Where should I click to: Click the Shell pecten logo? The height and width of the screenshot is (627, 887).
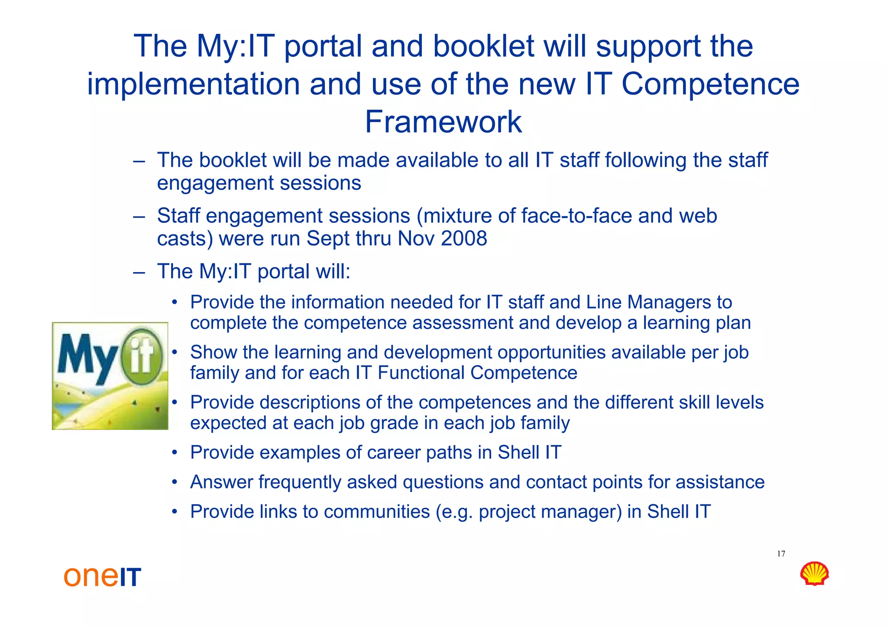(814, 574)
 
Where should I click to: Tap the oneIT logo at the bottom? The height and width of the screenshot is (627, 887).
(102, 576)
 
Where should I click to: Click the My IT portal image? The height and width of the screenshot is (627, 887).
(110, 376)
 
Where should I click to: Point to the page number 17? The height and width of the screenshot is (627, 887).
(781, 554)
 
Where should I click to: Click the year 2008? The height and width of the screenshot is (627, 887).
(464, 239)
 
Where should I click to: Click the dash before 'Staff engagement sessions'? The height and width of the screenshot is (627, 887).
(139, 216)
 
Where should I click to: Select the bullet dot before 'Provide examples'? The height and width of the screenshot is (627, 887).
(174, 453)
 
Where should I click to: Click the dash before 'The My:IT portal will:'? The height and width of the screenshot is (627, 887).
(139, 272)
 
